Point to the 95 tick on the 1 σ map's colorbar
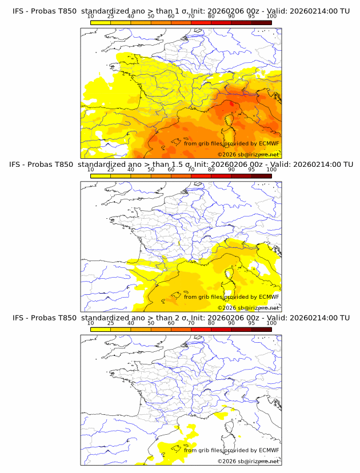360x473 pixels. coord(251,16)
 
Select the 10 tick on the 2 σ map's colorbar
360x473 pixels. coord(90,323)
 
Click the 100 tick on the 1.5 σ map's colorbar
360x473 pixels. coord(271,170)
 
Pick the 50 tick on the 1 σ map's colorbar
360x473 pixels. coord(151,16)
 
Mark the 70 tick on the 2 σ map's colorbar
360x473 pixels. coord(191,323)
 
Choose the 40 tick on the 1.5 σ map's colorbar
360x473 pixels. coord(131,170)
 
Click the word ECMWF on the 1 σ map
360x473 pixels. coord(269,143)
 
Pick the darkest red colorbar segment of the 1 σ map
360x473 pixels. coord(262,22)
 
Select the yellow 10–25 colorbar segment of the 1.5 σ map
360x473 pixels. coord(100,176)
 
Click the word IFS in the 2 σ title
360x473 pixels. coord(18,318)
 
